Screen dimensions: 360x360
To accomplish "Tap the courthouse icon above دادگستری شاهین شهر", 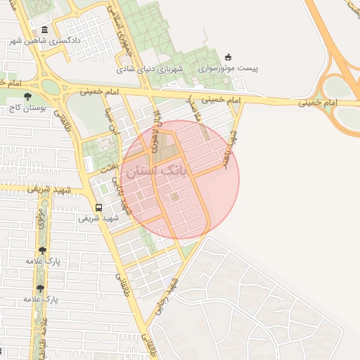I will pyautogui.click(x=44, y=30).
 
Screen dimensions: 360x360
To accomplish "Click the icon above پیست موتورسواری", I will pyautogui.click(x=227, y=58).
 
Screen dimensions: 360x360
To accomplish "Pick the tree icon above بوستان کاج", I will pyautogui.click(x=27, y=96).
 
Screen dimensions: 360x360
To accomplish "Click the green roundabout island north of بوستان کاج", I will pyautogui.click(x=49, y=87).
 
